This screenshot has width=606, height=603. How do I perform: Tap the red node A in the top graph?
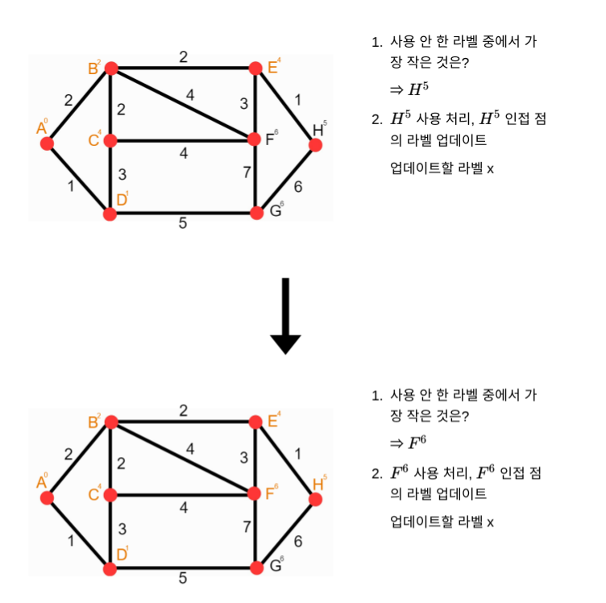(47, 143)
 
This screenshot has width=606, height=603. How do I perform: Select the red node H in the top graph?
(315, 145)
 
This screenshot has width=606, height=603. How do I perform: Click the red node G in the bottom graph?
(257, 568)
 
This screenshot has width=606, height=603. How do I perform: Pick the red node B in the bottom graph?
(111, 422)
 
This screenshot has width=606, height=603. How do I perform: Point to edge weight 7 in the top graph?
(247, 170)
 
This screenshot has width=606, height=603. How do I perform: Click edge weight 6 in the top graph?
(298, 187)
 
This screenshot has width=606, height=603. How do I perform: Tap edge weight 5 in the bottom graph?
(183, 578)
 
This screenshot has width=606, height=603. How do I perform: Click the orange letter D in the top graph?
(121, 200)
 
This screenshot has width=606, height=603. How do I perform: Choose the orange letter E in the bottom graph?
(272, 422)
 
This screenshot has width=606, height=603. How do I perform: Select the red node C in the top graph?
(111, 141)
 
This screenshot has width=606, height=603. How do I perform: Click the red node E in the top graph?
(256, 69)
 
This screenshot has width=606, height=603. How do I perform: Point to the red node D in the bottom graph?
(110, 568)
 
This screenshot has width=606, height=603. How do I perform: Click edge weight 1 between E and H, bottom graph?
(298, 454)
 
